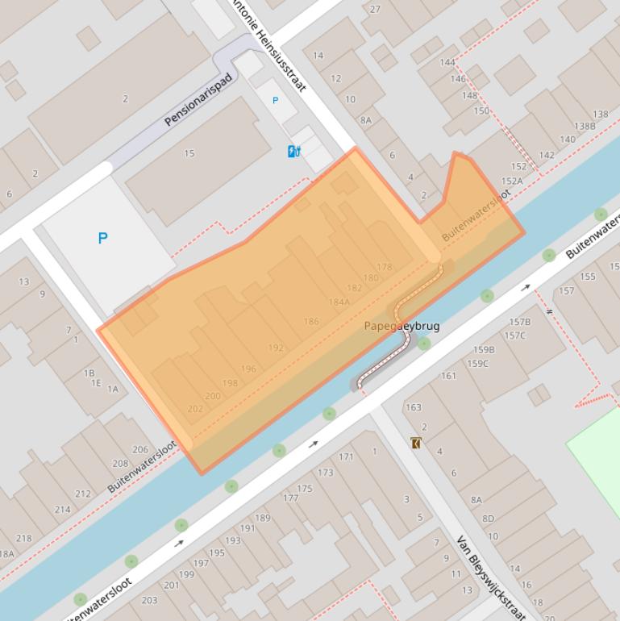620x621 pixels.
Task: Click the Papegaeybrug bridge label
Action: tap(401, 327)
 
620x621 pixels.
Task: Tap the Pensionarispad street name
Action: tap(198, 100)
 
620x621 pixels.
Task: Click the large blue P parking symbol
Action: tap(102, 238)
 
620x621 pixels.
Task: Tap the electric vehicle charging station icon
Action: tap(294, 151)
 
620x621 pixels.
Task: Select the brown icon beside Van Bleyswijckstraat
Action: tap(415, 443)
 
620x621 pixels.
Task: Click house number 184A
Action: tap(339, 302)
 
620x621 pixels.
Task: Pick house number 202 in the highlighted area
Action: tap(195, 409)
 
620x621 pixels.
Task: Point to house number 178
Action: tap(384, 267)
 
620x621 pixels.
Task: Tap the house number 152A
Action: tap(512, 181)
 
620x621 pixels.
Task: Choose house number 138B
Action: tap(585, 126)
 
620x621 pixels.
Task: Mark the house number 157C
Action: tap(514, 336)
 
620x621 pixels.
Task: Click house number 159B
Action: tap(484, 349)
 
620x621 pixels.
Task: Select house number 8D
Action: tap(488, 519)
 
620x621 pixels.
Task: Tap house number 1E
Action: tap(96, 383)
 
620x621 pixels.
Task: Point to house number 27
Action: tap(375, 10)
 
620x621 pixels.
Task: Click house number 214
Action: tap(62, 510)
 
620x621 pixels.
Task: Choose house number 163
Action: tap(413, 407)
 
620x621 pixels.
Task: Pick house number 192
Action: tap(276, 348)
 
